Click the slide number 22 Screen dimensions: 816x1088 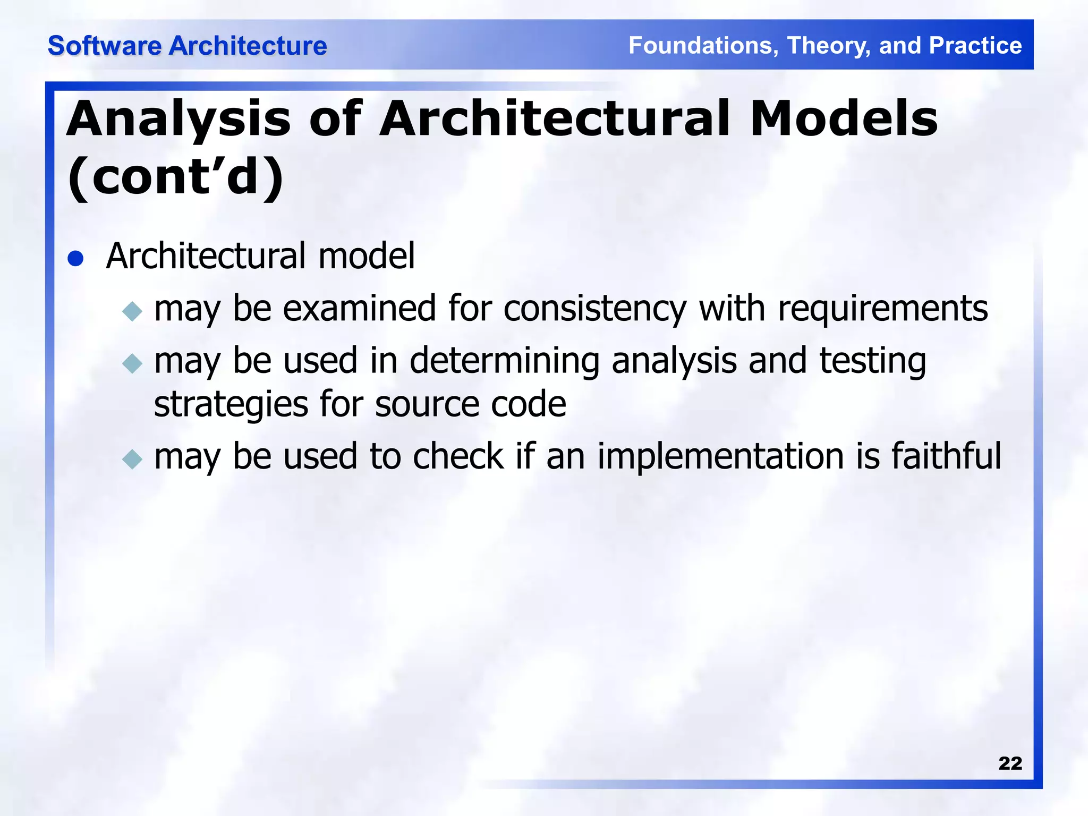coord(1010,763)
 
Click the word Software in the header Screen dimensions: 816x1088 coord(104,46)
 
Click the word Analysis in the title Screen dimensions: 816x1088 coord(178,120)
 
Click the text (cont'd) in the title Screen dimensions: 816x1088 coord(176,177)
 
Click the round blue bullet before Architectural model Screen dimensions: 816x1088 coord(76,259)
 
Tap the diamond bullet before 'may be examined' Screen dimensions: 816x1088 coord(132,311)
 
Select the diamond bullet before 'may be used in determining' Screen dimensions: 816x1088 coord(132,364)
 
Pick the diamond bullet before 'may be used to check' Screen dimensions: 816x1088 coord(132,459)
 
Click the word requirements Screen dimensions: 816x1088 coord(882,309)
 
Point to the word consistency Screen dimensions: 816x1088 coord(594,309)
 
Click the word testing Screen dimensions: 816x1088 coord(872,361)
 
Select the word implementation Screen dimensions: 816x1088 coord(720,457)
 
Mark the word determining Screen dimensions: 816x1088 coord(504,361)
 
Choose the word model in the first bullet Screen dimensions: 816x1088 coord(366,256)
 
